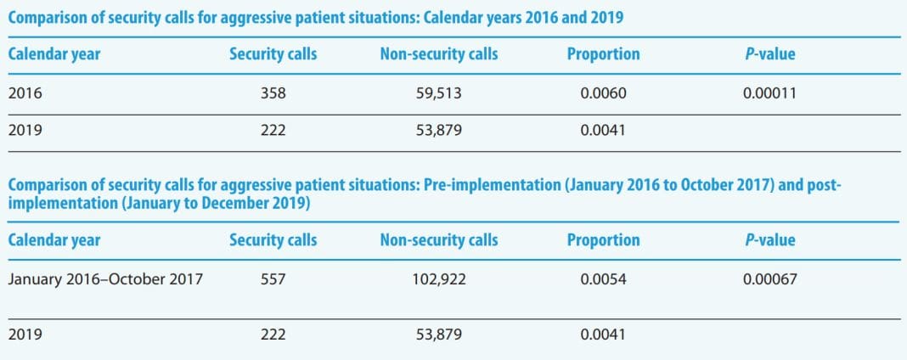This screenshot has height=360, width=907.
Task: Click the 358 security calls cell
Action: (x=273, y=93)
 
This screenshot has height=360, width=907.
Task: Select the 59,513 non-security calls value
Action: (x=439, y=93)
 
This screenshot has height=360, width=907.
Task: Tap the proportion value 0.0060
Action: (x=603, y=93)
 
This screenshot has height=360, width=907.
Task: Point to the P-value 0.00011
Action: (x=769, y=93)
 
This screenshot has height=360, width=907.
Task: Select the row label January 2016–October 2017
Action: (x=105, y=278)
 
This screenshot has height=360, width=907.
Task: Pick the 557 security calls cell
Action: (x=273, y=278)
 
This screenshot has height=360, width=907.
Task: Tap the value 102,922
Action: (x=439, y=278)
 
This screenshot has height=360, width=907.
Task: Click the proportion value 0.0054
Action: (x=603, y=278)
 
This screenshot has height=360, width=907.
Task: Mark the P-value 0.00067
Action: (x=769, y=278)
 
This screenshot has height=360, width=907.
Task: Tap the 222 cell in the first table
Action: (x=273, y=132)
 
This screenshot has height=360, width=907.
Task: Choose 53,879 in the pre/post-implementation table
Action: (x=439, y=335)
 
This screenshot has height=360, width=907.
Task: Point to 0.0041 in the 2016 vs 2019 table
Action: (x=603, y=132)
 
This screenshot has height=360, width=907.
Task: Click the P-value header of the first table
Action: (x=769, y=54)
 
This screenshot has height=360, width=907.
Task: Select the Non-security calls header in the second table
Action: (x=439, y=239)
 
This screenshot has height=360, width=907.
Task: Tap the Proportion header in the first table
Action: (x=603, y=54)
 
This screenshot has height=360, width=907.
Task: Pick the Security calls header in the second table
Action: (x=273, y=239)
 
